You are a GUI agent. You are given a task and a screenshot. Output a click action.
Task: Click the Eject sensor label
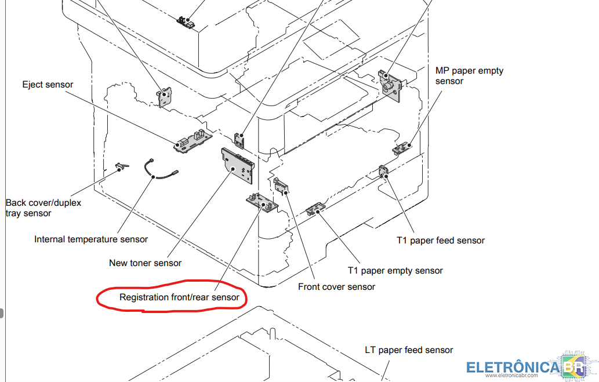pos(48,85)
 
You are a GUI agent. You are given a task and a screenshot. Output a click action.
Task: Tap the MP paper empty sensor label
pos(469,76)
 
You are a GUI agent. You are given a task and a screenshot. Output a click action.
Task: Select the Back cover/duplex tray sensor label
pos(43,208)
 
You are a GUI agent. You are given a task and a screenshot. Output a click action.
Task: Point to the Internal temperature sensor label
pos(91,239)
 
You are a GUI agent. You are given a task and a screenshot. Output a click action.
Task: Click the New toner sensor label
pos(145,263)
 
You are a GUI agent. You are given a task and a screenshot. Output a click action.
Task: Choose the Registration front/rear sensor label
pos(179,297)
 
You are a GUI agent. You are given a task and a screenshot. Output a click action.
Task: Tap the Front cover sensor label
pos(336,287)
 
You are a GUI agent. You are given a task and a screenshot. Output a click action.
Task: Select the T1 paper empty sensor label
pos(395,271)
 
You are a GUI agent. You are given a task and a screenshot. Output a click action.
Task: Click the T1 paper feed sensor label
pos(441,241)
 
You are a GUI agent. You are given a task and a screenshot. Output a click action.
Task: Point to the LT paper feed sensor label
pos(409,350)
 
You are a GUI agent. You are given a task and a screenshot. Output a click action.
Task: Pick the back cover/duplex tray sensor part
pos(121,167)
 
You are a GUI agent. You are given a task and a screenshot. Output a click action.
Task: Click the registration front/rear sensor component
pos(261,202)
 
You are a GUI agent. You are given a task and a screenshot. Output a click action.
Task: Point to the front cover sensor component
pos(281,185)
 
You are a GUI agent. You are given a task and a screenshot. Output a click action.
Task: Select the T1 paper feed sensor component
pos(383,172)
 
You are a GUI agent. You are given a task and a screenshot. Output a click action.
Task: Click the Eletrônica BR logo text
pos(513,368)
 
